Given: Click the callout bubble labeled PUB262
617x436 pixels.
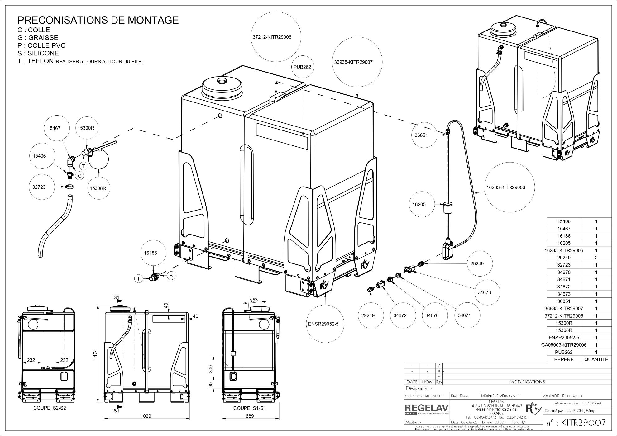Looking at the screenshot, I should [302, 67].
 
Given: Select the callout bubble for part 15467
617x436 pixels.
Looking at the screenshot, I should [54, 128].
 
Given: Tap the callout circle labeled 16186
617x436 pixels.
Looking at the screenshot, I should [150, 253].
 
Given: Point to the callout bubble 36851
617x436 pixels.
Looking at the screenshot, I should [421, 135].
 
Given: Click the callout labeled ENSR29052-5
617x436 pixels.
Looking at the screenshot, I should [323, 324].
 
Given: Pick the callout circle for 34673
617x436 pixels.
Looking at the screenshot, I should [484, 292].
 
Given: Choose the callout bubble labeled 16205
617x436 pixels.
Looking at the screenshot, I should [419, 205].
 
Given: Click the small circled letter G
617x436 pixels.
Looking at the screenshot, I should [80, 176].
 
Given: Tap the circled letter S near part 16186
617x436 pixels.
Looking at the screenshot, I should [171, 275].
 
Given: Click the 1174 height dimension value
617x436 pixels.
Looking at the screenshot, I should [96, 354].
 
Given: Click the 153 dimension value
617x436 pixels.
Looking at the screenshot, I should [254, 300].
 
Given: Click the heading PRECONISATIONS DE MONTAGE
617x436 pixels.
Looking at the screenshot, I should [98, 20].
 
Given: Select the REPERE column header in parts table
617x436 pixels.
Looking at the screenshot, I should [564, 359].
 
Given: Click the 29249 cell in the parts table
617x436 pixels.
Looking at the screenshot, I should [564, 258].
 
